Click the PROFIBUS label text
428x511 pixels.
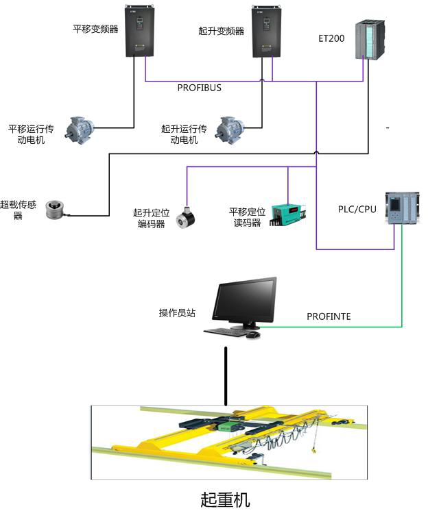click(x=199, y=88)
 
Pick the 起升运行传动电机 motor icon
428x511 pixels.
click(x=231, y=128)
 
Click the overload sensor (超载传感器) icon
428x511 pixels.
click(x=55, y=210)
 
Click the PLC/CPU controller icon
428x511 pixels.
click(x=399, y=208)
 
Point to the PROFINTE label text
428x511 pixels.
click(x=329, y=316)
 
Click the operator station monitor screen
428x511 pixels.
click(x=245, y=301)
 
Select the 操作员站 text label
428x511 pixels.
click(x=177, y=313)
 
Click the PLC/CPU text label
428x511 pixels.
click(x=357, y=208)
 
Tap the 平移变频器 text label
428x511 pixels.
click(x=95, y=29)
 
